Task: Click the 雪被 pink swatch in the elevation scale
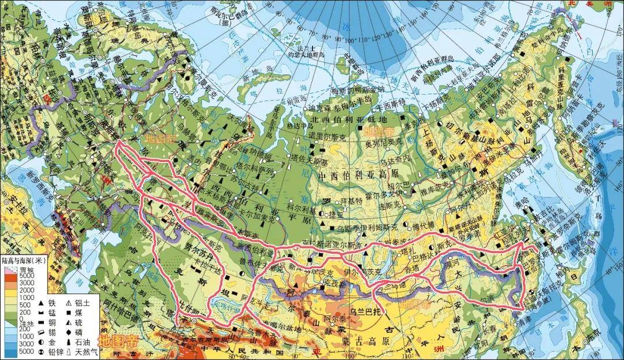click(x=10, y=270)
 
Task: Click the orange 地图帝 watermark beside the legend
click(x=120, y=340)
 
